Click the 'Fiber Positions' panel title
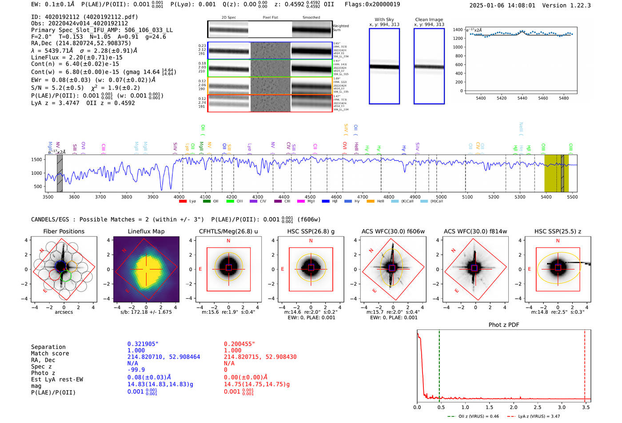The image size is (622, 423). [64, 231]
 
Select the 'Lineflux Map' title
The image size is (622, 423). [146, 231]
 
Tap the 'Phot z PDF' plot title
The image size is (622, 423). [503, 325]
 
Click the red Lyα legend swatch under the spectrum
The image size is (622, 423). [183, 202]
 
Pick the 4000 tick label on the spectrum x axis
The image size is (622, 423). [179, 197]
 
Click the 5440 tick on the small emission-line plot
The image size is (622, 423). [522, 98]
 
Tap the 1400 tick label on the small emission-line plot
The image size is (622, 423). [458, 30]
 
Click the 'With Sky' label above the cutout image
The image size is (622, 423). [384, 20]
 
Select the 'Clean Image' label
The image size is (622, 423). [429, 20]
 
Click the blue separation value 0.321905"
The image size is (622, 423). [143, 344]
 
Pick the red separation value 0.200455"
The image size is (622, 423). [239, 344]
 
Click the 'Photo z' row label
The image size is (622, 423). [43, 373]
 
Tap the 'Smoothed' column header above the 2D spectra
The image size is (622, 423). [311, 18]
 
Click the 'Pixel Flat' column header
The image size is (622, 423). [270, 18]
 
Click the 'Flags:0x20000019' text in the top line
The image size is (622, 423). [372, 4]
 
